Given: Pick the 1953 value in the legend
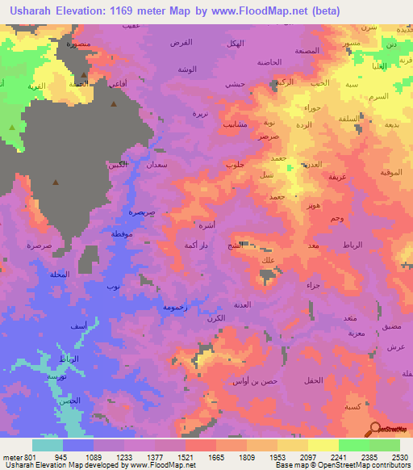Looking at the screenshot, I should tap(278, 455).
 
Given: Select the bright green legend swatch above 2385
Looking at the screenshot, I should tap(353, 444).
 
